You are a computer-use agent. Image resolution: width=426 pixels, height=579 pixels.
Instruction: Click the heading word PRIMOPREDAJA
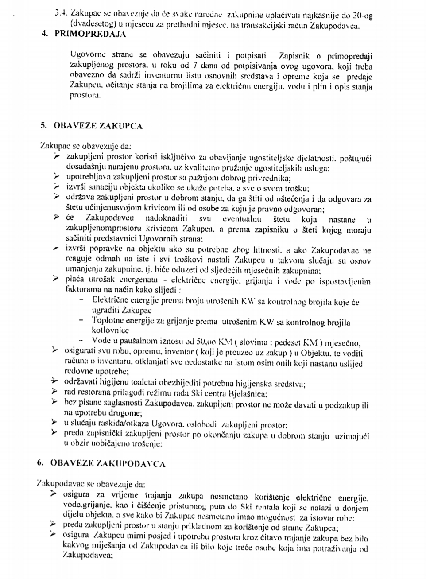[90, 34]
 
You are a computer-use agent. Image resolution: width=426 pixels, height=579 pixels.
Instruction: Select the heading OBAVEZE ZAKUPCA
[98, 126]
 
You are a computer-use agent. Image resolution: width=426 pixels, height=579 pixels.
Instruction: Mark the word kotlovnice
[110, 330]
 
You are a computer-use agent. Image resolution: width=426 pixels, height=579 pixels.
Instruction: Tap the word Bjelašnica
[248, 393]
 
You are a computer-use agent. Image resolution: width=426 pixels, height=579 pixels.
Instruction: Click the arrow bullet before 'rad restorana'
[55, 392]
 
